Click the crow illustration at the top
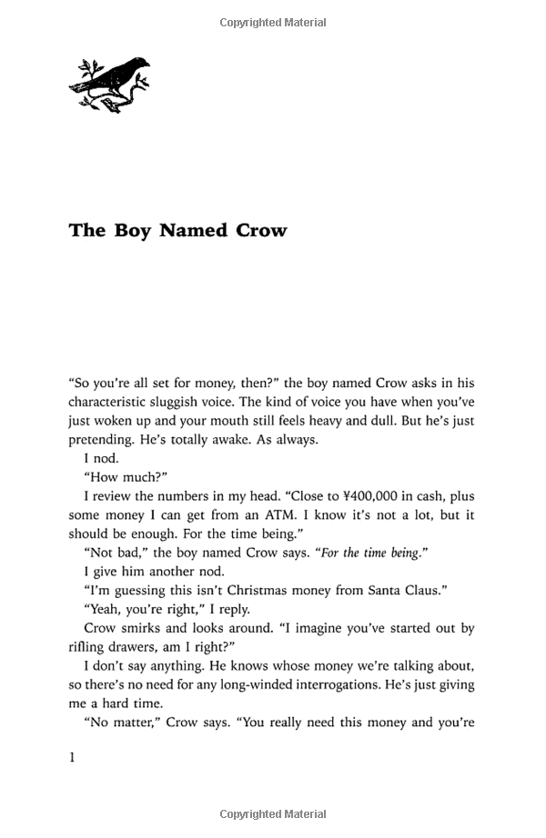[x=108, y=83]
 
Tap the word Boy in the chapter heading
[x=133, y=231]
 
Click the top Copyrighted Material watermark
[x=273, y=23]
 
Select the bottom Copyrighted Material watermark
[x=273, y=815]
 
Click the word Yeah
[x=104, y=610]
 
